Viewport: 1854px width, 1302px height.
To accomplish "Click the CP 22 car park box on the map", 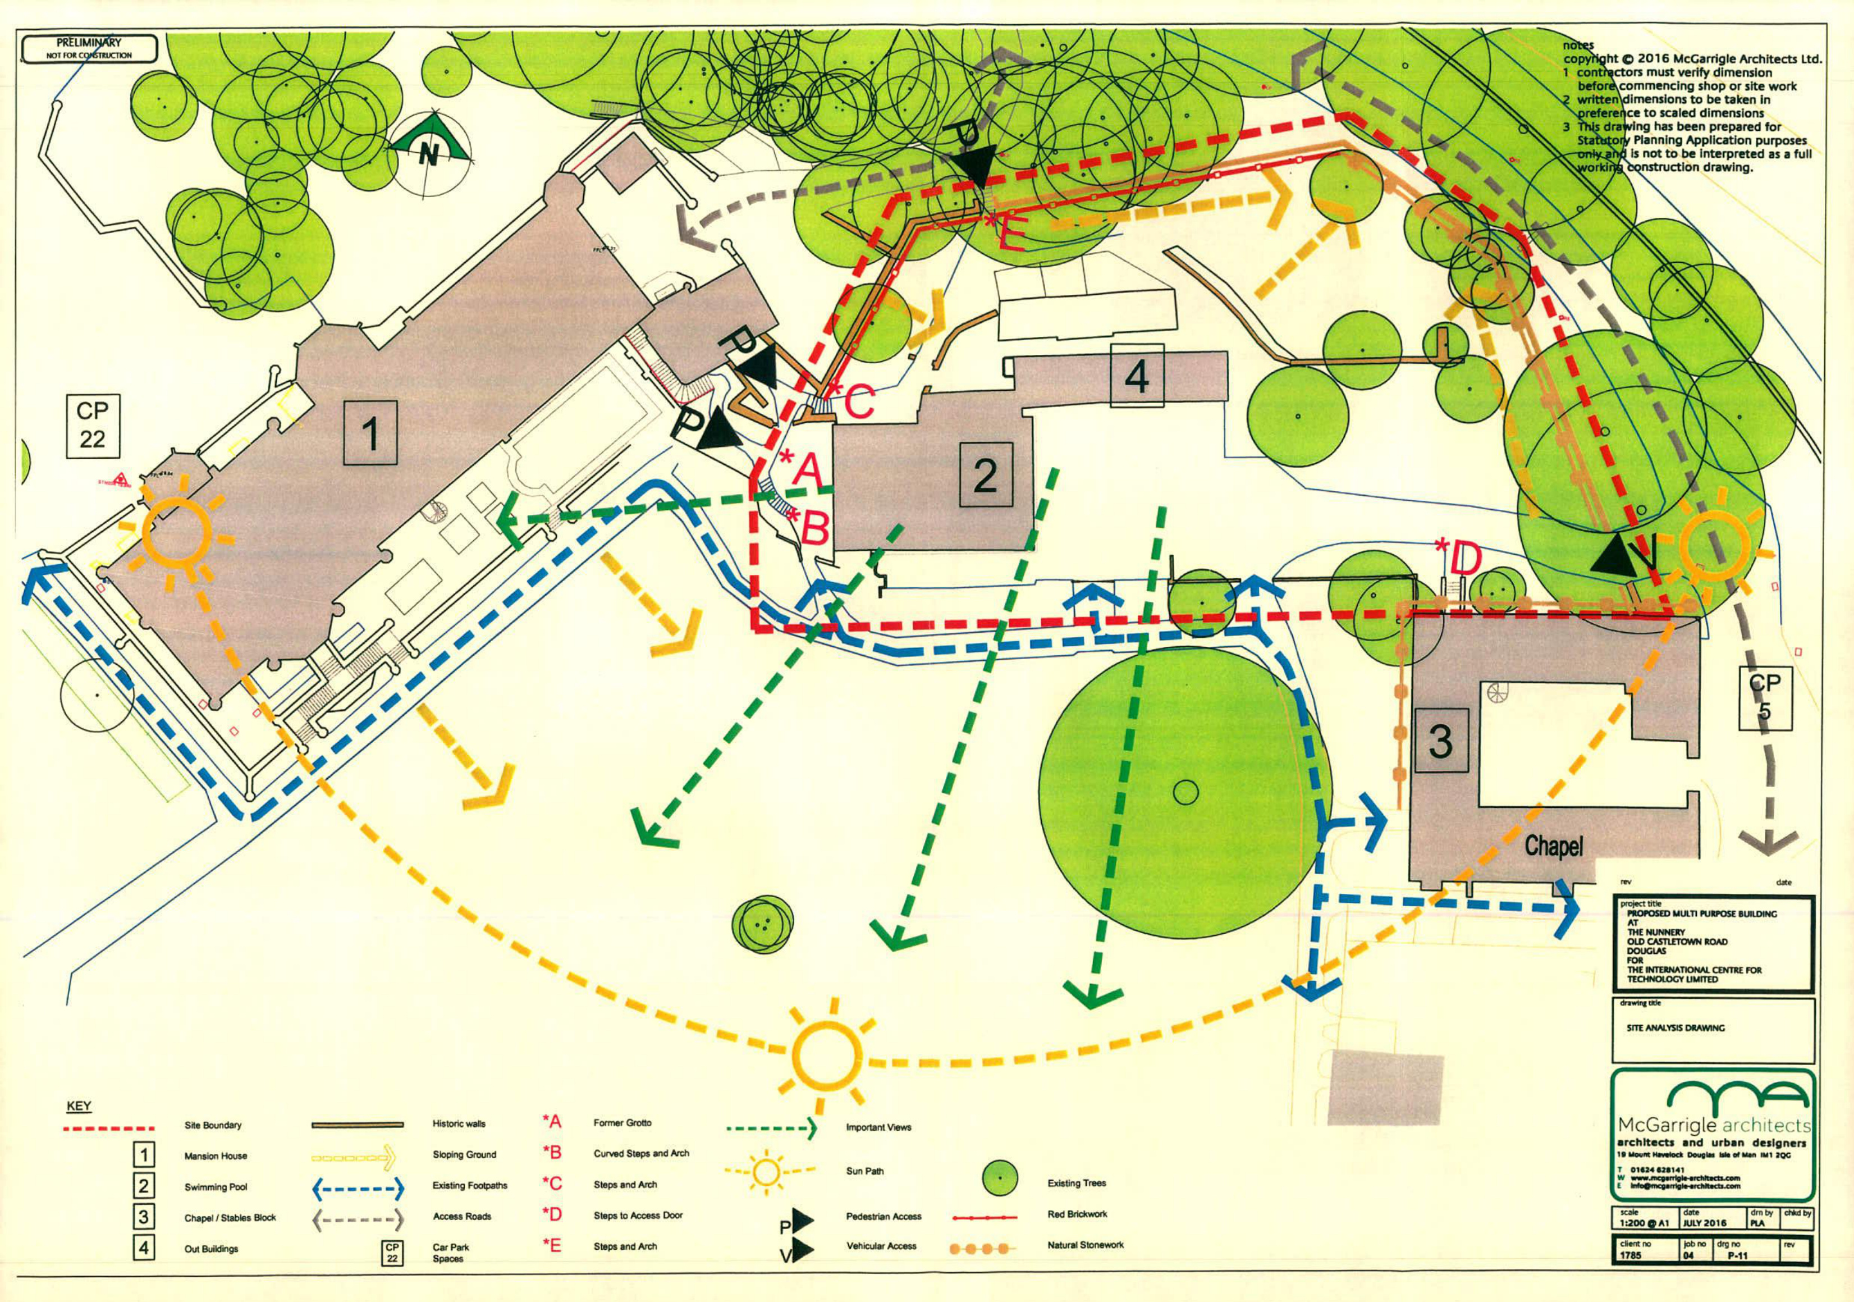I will (92, 425).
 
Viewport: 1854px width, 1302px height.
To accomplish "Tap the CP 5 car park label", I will (1764, 696).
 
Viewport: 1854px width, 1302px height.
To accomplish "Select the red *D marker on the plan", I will (1458, 558).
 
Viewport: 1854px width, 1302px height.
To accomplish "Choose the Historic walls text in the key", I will (459, 1123).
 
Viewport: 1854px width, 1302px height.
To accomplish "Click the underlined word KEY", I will (79, 1105).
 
